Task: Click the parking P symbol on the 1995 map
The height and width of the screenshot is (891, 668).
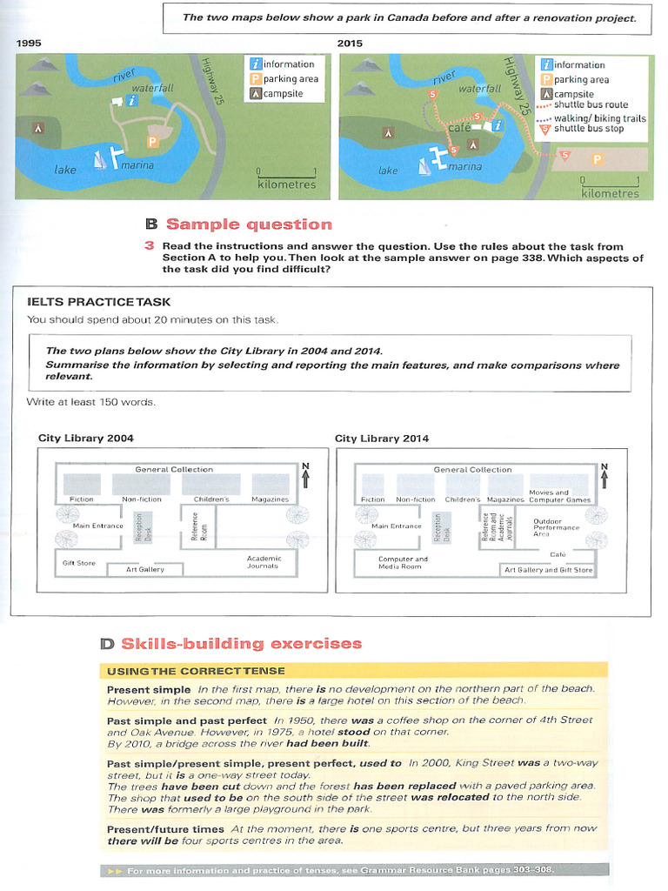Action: (152, 140)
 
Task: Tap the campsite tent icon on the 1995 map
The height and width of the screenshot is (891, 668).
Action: (37, 127)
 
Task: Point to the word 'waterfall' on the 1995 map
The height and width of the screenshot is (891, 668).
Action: (152, 88)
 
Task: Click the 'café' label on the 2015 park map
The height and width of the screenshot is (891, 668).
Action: (458, 128)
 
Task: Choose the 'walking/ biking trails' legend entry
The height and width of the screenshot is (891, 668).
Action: (599, 117)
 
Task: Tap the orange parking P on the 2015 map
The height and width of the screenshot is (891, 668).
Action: (597, 159)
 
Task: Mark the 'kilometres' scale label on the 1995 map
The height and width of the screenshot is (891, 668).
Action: (286, 184)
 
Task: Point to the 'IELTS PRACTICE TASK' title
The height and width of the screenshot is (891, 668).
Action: (99, 302)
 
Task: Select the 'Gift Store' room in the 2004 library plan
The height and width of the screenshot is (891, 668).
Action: (79, 563)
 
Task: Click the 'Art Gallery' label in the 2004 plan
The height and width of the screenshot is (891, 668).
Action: (144, 569)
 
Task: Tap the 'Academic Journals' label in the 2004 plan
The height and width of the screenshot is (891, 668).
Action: (264, 562)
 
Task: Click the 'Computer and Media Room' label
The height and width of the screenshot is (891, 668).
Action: (402, 563)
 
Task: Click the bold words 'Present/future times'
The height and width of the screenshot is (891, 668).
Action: (165, 829)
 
